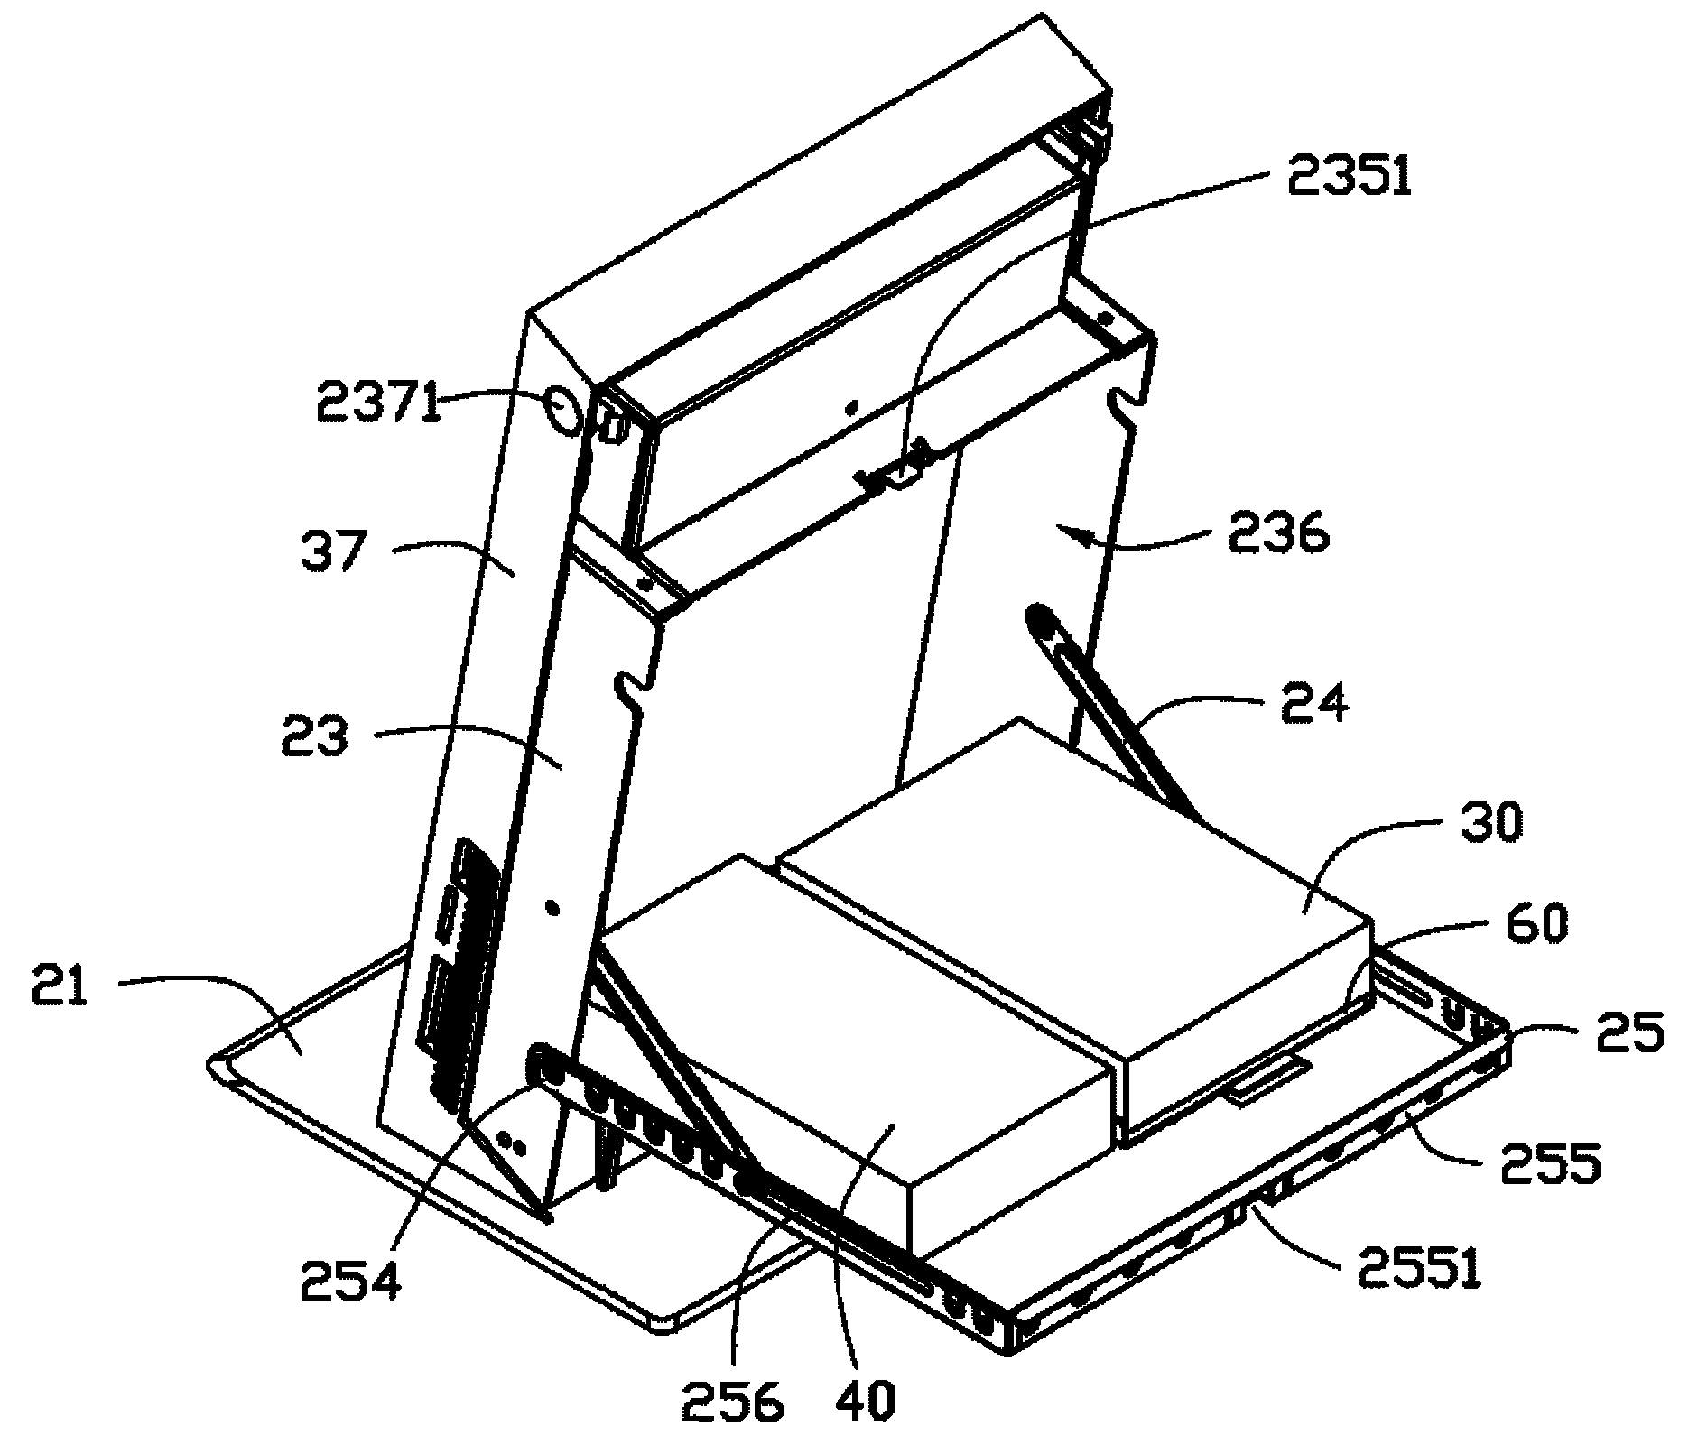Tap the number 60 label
(x=1536, y=926)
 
